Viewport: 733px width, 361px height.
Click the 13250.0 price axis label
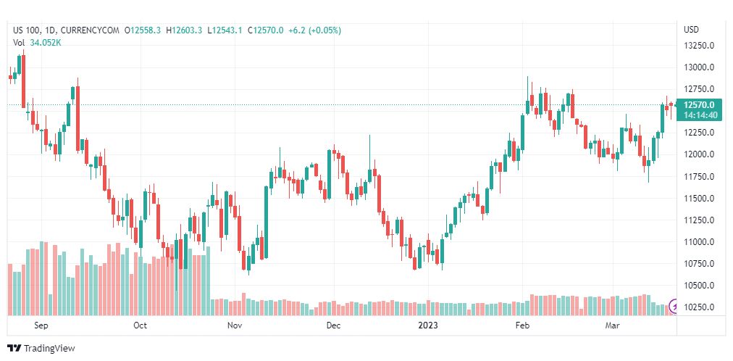(699, 46)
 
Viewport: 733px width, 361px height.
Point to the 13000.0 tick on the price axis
(699, 67)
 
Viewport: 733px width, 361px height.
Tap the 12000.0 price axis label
(699, 154)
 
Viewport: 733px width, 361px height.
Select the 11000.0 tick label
(699, 242)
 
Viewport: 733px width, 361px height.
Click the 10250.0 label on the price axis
(699, 307)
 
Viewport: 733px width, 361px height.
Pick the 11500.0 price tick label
(699, 199)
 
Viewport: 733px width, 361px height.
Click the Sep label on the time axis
(41, 326)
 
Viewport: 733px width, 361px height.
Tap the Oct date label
(141, 326)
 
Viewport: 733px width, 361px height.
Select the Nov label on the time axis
(234, 326)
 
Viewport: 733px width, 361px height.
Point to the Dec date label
(333, 326)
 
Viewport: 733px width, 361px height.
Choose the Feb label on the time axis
(521, 326)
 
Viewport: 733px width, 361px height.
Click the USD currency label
(691, 30)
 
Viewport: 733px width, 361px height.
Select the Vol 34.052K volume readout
(37, 42)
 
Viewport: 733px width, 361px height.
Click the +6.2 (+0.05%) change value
(314, 30)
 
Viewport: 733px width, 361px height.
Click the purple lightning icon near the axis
(675, 307)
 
